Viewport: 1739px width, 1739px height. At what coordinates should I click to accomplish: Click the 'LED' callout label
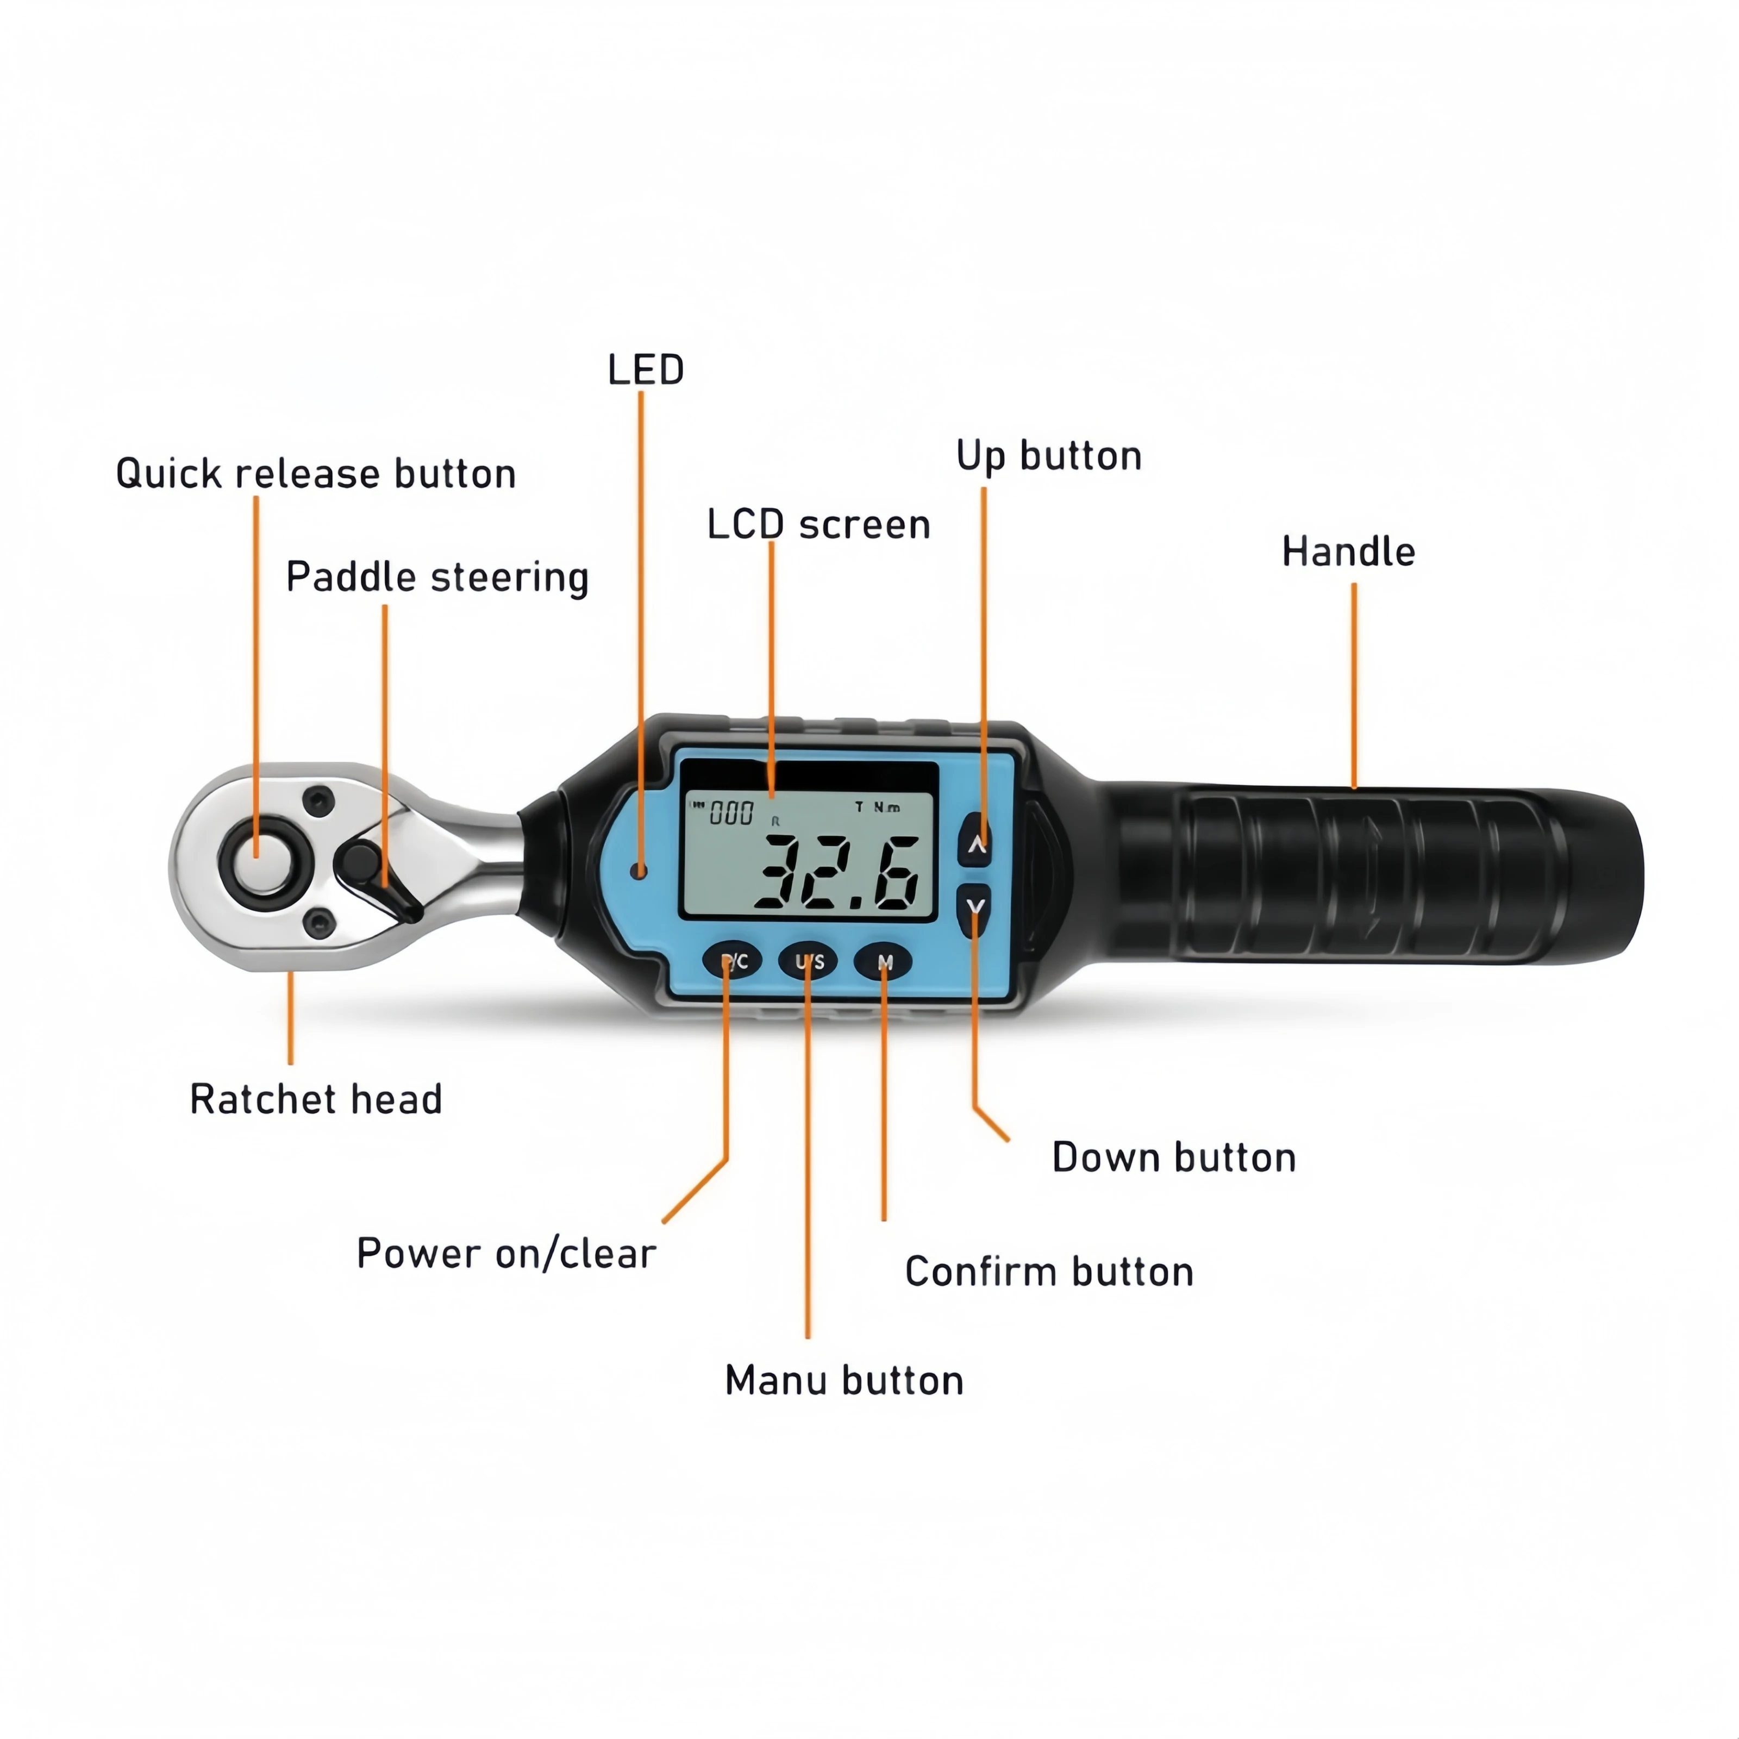click(x=646, y=370)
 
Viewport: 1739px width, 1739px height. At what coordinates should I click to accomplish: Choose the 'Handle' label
click(x=1348, y=552)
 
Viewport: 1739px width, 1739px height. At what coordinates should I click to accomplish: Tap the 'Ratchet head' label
click(x=316, y=1099)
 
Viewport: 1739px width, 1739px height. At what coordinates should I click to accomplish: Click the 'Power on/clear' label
click(x=506, y=1254)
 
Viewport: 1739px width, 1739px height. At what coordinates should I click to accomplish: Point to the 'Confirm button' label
click(x=1049, y=1272)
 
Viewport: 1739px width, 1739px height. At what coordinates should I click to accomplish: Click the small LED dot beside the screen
click(x=639, y=871)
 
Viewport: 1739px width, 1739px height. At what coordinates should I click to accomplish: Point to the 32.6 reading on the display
click(x=837, y=871)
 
